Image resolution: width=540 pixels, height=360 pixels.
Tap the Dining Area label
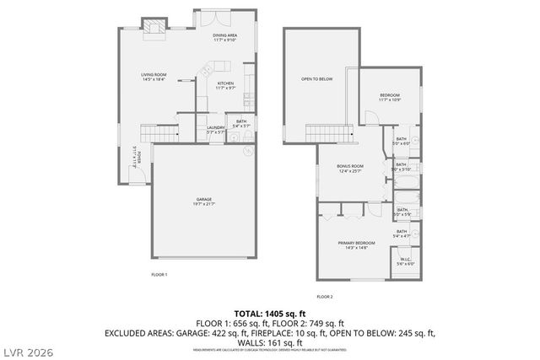click(224, 36)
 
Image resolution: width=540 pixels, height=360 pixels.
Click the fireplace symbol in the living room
click(154, 28)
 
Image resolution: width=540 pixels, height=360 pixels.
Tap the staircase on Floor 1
click(159, 133)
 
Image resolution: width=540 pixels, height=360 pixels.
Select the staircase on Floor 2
click(328, 132)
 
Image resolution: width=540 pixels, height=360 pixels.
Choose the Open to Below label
click(317, 79)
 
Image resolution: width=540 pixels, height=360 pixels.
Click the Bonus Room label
click(350, 167)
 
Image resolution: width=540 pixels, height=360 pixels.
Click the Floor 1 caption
click(159, 275)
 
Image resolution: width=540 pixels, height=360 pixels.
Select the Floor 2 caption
click(325, 297)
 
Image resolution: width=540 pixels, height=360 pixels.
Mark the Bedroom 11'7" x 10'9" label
click(389, 97)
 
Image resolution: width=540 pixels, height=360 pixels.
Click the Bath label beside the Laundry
click(241, 123)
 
